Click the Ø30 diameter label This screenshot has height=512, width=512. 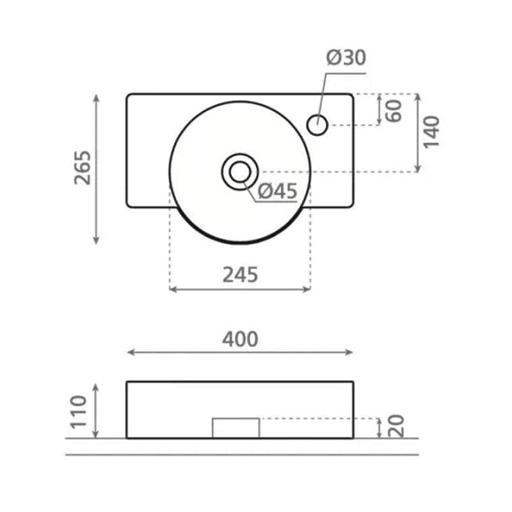pyautogui.click(x=346, y=58)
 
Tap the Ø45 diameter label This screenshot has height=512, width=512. pyautogui.click(x=278, y=191)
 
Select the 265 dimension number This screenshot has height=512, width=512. pyautogui.click(x=83, y=168)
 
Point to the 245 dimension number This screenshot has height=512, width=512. pyautogui.click(x=240, y=275)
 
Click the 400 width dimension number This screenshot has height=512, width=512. pyautogui.click(x=240, y=339)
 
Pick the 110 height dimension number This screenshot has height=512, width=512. pyautogui.click(x=79, y=412)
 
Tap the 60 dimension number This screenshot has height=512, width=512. pyautogui.click(x=394, y=111)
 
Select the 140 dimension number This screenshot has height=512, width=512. pyautogui.click(x=431, y=132)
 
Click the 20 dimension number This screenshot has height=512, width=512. pyautogui.click(x=397, y=426)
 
